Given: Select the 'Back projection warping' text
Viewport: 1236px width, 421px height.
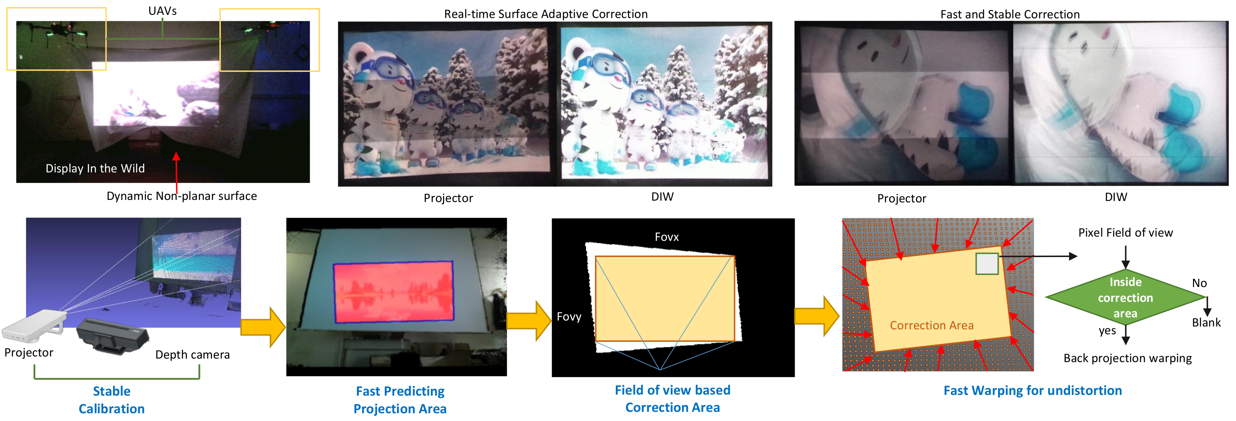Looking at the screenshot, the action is [1128, 358].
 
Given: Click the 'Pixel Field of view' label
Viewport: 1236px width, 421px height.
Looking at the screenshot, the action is [1125, 233].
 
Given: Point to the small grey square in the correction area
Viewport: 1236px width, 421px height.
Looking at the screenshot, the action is [987, 264].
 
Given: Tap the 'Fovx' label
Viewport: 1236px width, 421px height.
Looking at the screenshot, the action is [666, 237].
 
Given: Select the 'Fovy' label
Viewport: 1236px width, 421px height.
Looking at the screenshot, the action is [569, 317].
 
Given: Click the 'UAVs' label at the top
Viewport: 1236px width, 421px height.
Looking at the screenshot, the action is [162, 11].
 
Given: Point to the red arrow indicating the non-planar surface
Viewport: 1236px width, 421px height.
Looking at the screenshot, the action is [177, 173].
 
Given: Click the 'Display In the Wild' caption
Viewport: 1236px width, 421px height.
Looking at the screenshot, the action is [95, 168].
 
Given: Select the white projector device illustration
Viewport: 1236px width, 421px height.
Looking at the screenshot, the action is [35, 325].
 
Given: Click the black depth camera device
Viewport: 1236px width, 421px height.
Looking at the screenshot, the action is [113, 336].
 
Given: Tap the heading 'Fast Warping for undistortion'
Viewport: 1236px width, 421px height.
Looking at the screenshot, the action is [1032, 391].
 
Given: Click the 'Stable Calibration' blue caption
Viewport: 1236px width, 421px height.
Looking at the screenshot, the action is [112, 400].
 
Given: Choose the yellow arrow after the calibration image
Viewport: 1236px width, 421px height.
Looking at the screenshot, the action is [263, 327].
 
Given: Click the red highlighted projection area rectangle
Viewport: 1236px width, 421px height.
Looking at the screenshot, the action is [393, 292].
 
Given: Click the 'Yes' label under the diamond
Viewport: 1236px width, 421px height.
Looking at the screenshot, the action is [1107, 331].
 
